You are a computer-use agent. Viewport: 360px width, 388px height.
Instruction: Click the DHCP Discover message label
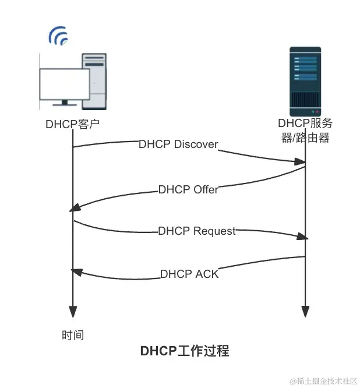[x=178, y=144]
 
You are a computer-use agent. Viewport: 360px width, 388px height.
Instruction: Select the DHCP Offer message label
[x=188, y=190]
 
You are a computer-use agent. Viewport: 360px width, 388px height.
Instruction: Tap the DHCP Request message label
[x=197, y=231]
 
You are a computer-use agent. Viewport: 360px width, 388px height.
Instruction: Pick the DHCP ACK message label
[x=189, y=273]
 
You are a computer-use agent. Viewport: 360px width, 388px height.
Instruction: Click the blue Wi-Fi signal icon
[x=58, y=36]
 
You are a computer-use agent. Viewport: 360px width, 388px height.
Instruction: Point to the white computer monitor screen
[x=65, y=83]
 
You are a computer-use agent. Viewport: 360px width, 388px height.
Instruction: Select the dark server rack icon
[x=305, y=81]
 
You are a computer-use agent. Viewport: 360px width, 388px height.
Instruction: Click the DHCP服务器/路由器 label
[x=305, y=131]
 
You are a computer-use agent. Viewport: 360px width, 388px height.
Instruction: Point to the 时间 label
[x=73, y=335]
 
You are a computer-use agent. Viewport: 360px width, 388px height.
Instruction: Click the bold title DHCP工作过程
[x=185, y=351]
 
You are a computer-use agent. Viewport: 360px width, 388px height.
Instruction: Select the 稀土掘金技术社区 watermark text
[x=324, y=380]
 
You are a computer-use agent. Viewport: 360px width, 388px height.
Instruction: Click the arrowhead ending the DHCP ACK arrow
[x=75, y=270]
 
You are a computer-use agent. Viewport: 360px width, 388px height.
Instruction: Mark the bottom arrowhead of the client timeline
[x=73, y=312]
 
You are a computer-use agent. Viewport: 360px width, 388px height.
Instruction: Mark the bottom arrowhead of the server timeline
[x=305, y=312]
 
